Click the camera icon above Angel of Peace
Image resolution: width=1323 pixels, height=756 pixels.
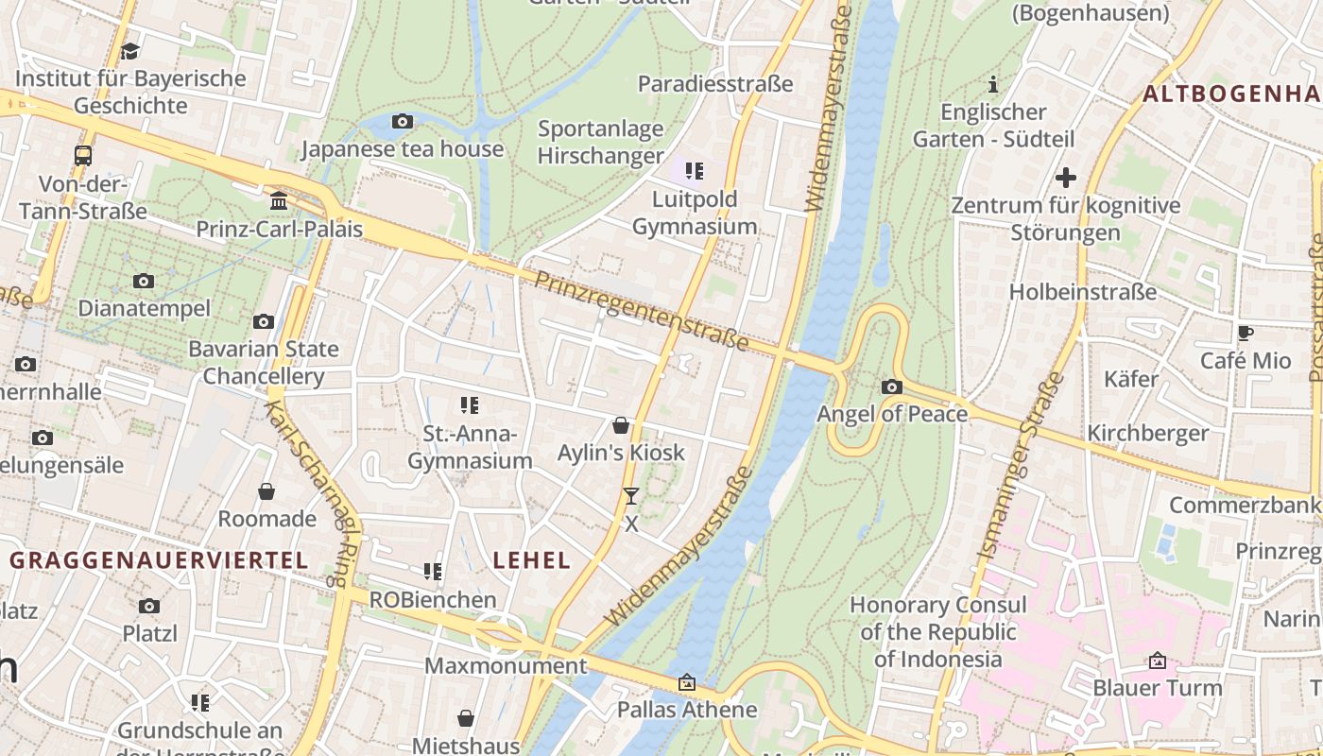(x=891, y=387)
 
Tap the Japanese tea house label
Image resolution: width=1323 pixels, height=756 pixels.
(x=403, y=149)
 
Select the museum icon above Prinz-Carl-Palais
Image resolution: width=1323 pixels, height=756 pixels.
(x=279, y=200)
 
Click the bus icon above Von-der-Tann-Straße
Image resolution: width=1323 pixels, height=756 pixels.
(x=83, y=156)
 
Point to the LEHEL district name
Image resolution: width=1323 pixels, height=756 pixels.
(x=532, y=559)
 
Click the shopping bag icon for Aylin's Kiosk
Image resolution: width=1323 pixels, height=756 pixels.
(x=621, y=425)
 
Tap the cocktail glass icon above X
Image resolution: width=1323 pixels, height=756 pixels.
(x=631, y=495)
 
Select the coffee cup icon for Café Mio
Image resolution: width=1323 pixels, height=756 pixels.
(x=1246, y=333)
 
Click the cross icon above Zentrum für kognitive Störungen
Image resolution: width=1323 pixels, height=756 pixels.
(x=1066, y=178)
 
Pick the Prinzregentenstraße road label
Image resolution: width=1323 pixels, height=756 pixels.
(x=642, y=310)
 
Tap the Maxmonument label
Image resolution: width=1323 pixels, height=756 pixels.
(x=506, y=665)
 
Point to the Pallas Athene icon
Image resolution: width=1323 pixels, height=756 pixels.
(x=687, y=682)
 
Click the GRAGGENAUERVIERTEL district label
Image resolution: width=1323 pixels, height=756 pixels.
(x=159, y=559)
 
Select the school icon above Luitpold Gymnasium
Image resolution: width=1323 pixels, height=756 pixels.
(x=695, y=171)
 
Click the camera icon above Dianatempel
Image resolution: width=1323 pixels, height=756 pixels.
(x=144, y=281)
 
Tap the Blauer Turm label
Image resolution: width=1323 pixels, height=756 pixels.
(x=1158, y=688)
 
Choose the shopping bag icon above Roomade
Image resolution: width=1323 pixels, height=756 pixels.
(x=266, y=491)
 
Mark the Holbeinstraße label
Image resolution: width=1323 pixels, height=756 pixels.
(x=1083, y=292)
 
